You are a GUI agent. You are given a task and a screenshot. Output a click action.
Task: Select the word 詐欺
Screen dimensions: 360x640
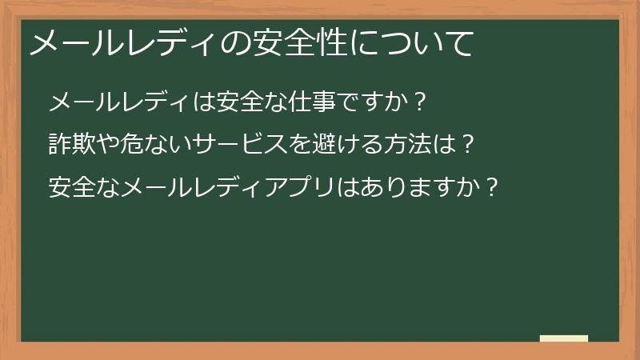pos(71,145)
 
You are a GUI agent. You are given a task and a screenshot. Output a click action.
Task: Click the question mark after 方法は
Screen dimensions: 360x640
pos(470,145)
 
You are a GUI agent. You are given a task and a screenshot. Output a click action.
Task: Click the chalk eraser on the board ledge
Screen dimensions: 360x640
pos(564,338)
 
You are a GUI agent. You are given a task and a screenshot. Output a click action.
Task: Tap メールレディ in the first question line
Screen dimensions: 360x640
pos(118,102)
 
